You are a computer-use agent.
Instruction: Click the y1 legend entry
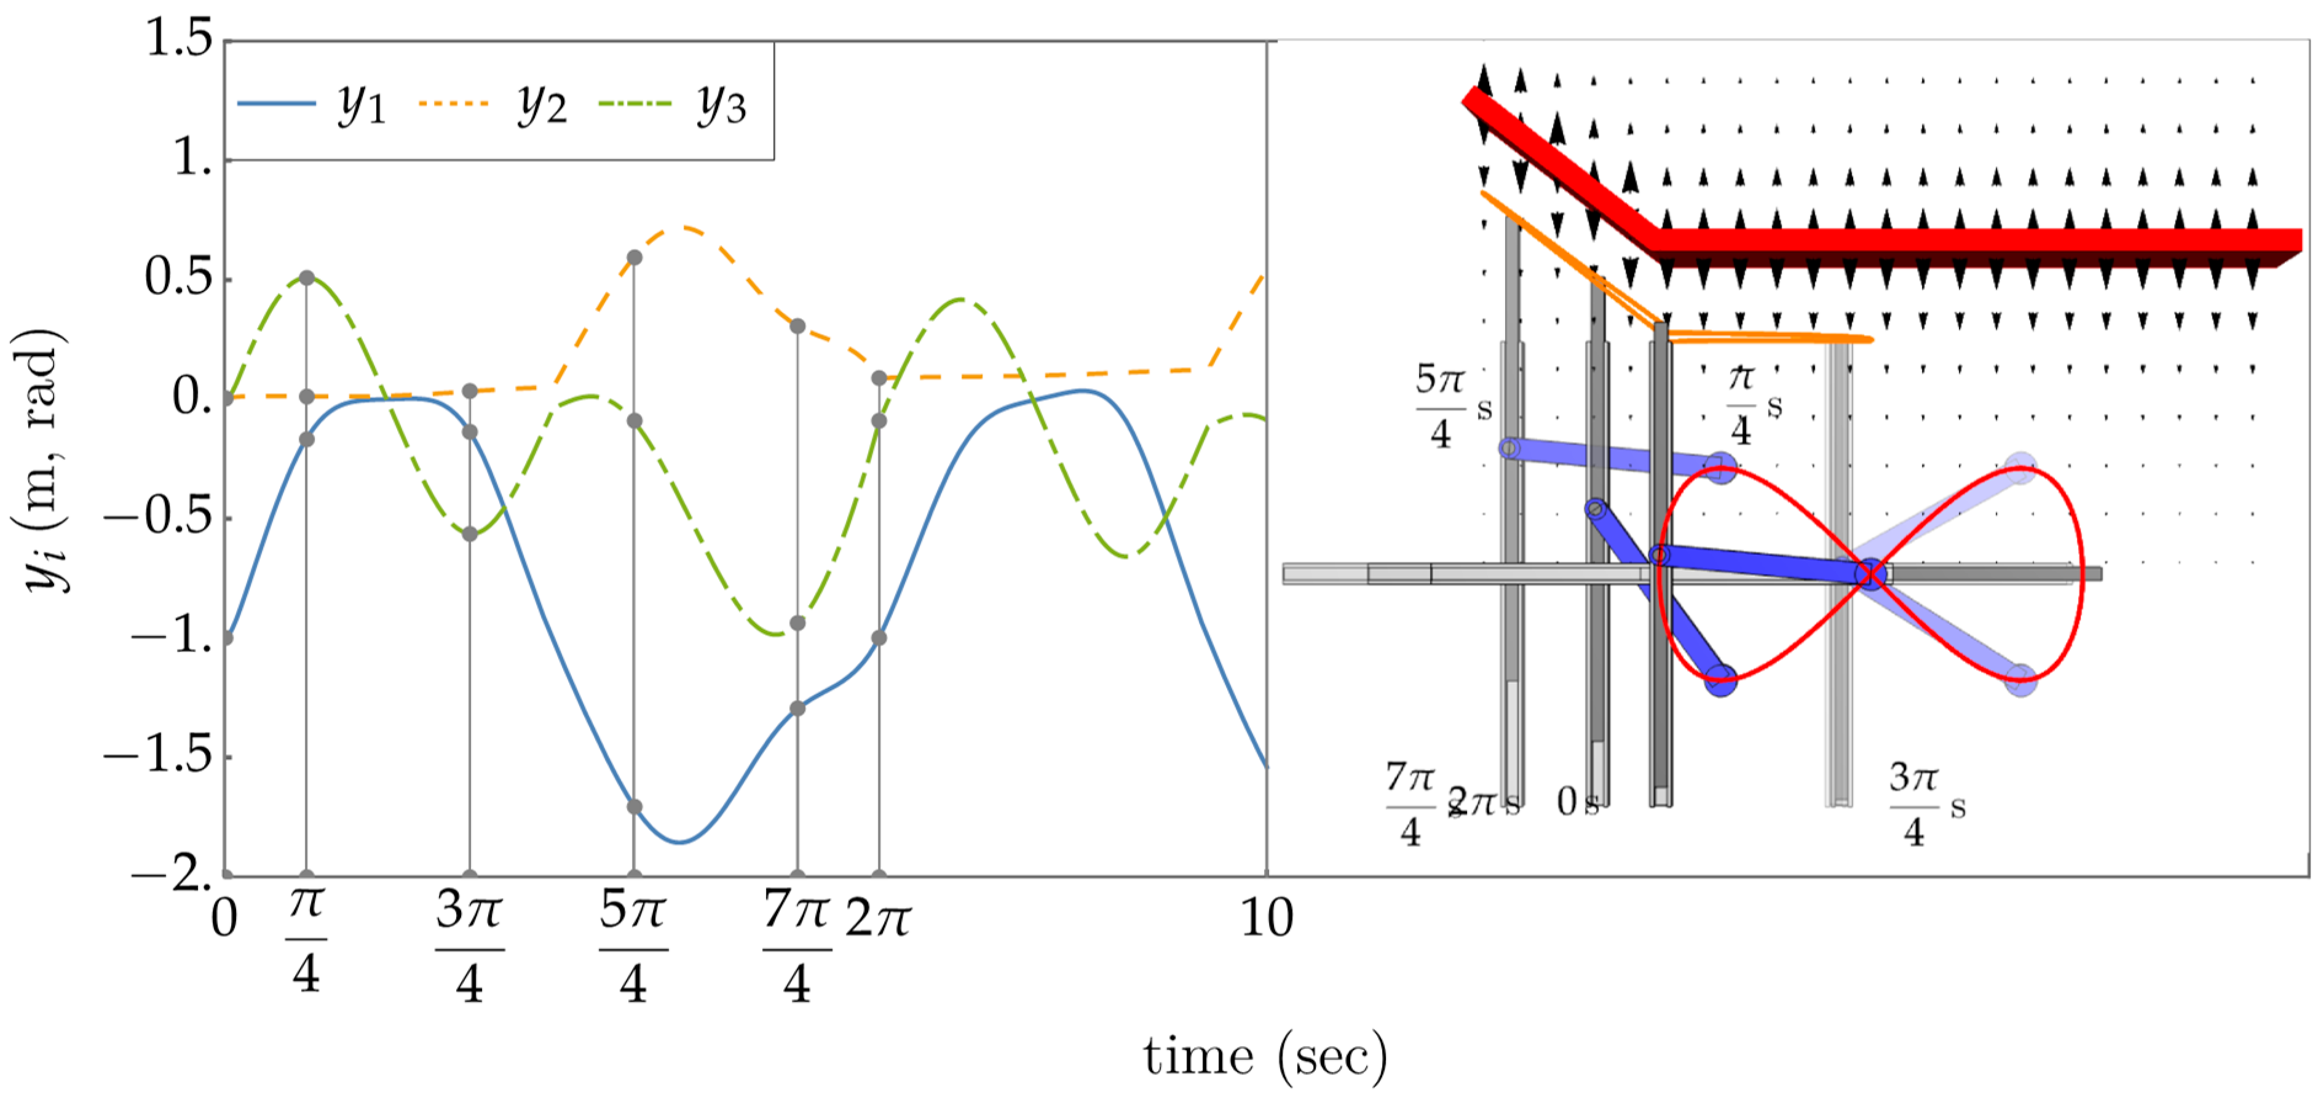pos(311,105)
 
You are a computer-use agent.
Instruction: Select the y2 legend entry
pos(493,105)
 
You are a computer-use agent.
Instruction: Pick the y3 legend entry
pos(673,105)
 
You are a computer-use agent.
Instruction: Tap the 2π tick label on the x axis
pos(878,918)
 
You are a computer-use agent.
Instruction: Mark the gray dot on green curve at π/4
pos(307,278)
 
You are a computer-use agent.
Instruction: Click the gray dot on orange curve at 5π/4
pos(635,257)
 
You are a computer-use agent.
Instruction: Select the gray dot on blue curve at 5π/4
pos(635,806)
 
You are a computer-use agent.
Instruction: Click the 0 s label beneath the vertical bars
pos(1576,801)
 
